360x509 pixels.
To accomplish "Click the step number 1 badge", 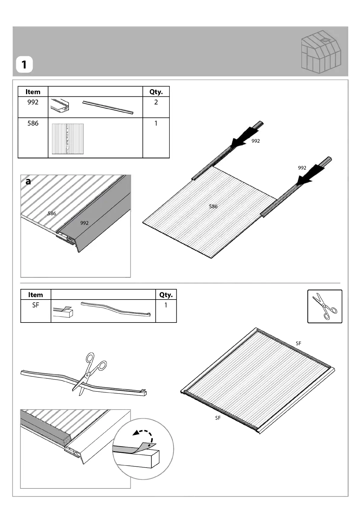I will click(24, 65).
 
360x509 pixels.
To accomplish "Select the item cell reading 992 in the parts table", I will click(33, 102).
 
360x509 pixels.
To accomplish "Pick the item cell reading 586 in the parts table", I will click(33, 123).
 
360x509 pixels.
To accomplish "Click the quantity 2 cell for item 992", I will click(156, 102).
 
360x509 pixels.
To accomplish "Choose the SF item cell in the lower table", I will click(36, 305).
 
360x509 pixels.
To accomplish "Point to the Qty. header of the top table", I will click(156, 92).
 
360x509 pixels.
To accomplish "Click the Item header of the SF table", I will click(36, 295).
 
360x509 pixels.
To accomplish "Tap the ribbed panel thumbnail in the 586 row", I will click(68, 139).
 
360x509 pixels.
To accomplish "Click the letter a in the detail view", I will click(28, 181).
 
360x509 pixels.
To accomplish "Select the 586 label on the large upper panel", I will click(213, 206).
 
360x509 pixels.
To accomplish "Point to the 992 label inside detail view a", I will click(84, 223).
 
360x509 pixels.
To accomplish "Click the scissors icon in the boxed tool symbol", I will click(325, 306).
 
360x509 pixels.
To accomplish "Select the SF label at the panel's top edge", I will click(298, 343).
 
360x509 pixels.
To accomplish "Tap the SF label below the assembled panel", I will click(218, 418).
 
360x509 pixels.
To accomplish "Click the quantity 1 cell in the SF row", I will click(166, 305).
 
